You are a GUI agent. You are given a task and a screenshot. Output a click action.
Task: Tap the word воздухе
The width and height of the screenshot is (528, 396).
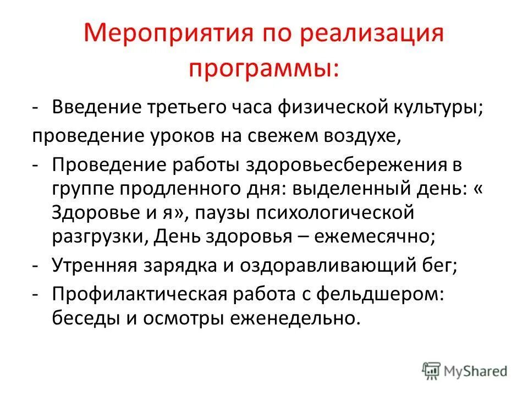(363, 135)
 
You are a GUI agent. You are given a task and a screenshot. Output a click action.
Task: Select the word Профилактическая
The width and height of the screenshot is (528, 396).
(138, 294)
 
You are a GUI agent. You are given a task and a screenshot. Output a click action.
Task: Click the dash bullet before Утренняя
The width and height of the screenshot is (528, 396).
(35, 266)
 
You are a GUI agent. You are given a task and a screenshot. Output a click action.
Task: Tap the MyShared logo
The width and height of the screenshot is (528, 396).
(464, 370)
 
